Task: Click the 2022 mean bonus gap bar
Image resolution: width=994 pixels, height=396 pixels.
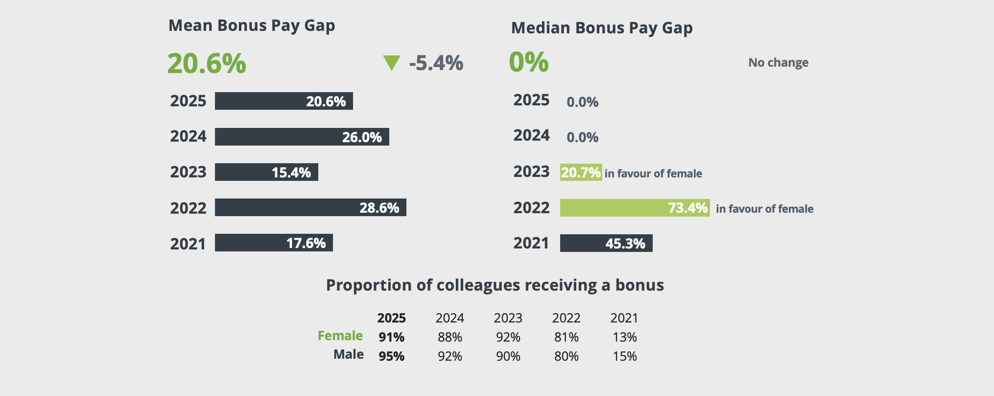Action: click(x=310, y=207)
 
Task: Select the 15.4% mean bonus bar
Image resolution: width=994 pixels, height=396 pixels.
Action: click(x=266, y=172)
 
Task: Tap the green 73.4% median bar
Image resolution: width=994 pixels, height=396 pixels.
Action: click(x=635, y=208)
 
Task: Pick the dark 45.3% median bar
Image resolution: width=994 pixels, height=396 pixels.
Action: click(x=606, y=243)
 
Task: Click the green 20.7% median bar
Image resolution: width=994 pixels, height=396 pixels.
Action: click(x=581, y=173)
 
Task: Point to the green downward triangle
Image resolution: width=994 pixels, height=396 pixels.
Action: click(x=392, y=63)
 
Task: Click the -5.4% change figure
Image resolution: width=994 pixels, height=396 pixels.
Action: click(x=436, y=63)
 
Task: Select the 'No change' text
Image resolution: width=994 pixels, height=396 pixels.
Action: click(x=778, y=63)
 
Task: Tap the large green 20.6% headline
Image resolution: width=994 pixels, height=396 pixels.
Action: click(x=207, y=64)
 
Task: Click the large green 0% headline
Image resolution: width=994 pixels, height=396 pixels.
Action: click(x=529, y=62)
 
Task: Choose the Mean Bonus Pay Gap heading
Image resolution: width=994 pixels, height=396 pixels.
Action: click(x=252, y=25)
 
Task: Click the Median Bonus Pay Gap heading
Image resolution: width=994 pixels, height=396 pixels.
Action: click(x=602, y=28)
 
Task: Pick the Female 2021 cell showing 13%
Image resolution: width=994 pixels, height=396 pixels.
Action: click(x=625, y=337)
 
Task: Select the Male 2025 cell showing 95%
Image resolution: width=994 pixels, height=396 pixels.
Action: click(x=392, y=356)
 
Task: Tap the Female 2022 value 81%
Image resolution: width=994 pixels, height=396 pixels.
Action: click(x=567, y=337)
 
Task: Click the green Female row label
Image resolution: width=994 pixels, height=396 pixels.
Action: click(x=340, y=336)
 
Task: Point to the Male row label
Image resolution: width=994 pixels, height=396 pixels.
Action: click(x=349, y=354)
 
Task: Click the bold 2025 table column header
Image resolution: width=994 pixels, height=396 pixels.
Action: click(x=392, y=318)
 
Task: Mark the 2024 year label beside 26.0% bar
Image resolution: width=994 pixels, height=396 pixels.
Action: click(x=189, y=136)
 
